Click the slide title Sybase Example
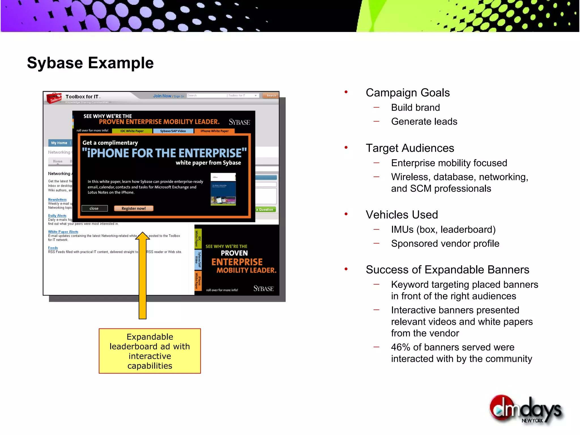point(90,63)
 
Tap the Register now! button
point(133,208)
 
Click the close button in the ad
point(94,208)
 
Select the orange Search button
point(271,96)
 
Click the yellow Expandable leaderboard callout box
point(150,351)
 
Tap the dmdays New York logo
point(526,410)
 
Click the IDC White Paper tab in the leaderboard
point(132,131)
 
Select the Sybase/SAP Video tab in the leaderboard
point(173,131)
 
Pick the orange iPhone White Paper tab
point(214,131)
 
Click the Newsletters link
point(57,200)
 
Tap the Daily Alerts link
point(57,216)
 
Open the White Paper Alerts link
point(63,232)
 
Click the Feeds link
point(53,248)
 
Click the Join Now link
point(162,96)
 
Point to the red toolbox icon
point(54,98)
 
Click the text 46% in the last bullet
point(400,347)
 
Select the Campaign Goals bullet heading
point(408,93)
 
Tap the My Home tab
point(59,143)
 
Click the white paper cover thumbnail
point(223,189)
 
